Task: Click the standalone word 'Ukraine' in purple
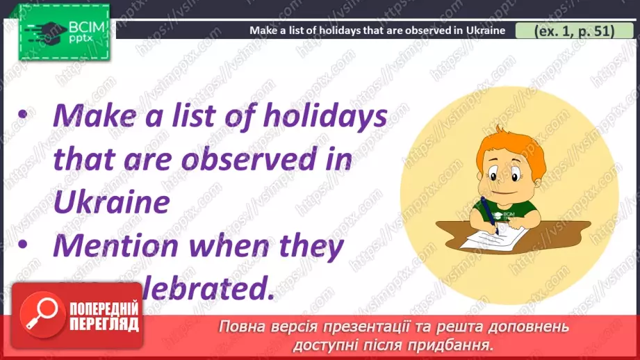click(111, 202)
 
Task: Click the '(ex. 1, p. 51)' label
click(574, 31)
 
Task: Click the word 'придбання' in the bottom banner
click(458, 345)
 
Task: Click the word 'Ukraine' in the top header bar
click(484, 31)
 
